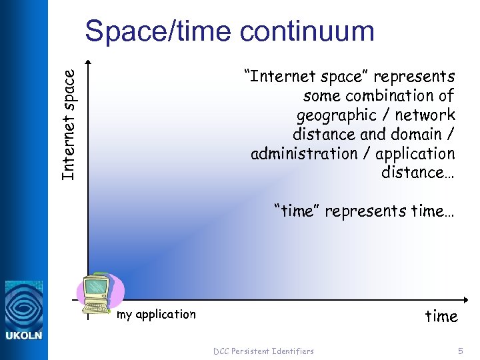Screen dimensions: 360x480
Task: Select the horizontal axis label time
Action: click(441, 316)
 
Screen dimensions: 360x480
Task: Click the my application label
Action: click(156, 314)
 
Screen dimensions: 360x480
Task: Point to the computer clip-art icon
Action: click(99, 293)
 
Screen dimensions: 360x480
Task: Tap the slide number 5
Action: click(460, 351)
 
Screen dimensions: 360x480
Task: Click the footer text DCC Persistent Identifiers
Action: click(263, 351)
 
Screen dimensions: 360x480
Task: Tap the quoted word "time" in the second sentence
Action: click(298, 211)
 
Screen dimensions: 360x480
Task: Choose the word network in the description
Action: click(427, 115)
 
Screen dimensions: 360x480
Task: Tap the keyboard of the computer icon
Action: click(96, 309)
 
